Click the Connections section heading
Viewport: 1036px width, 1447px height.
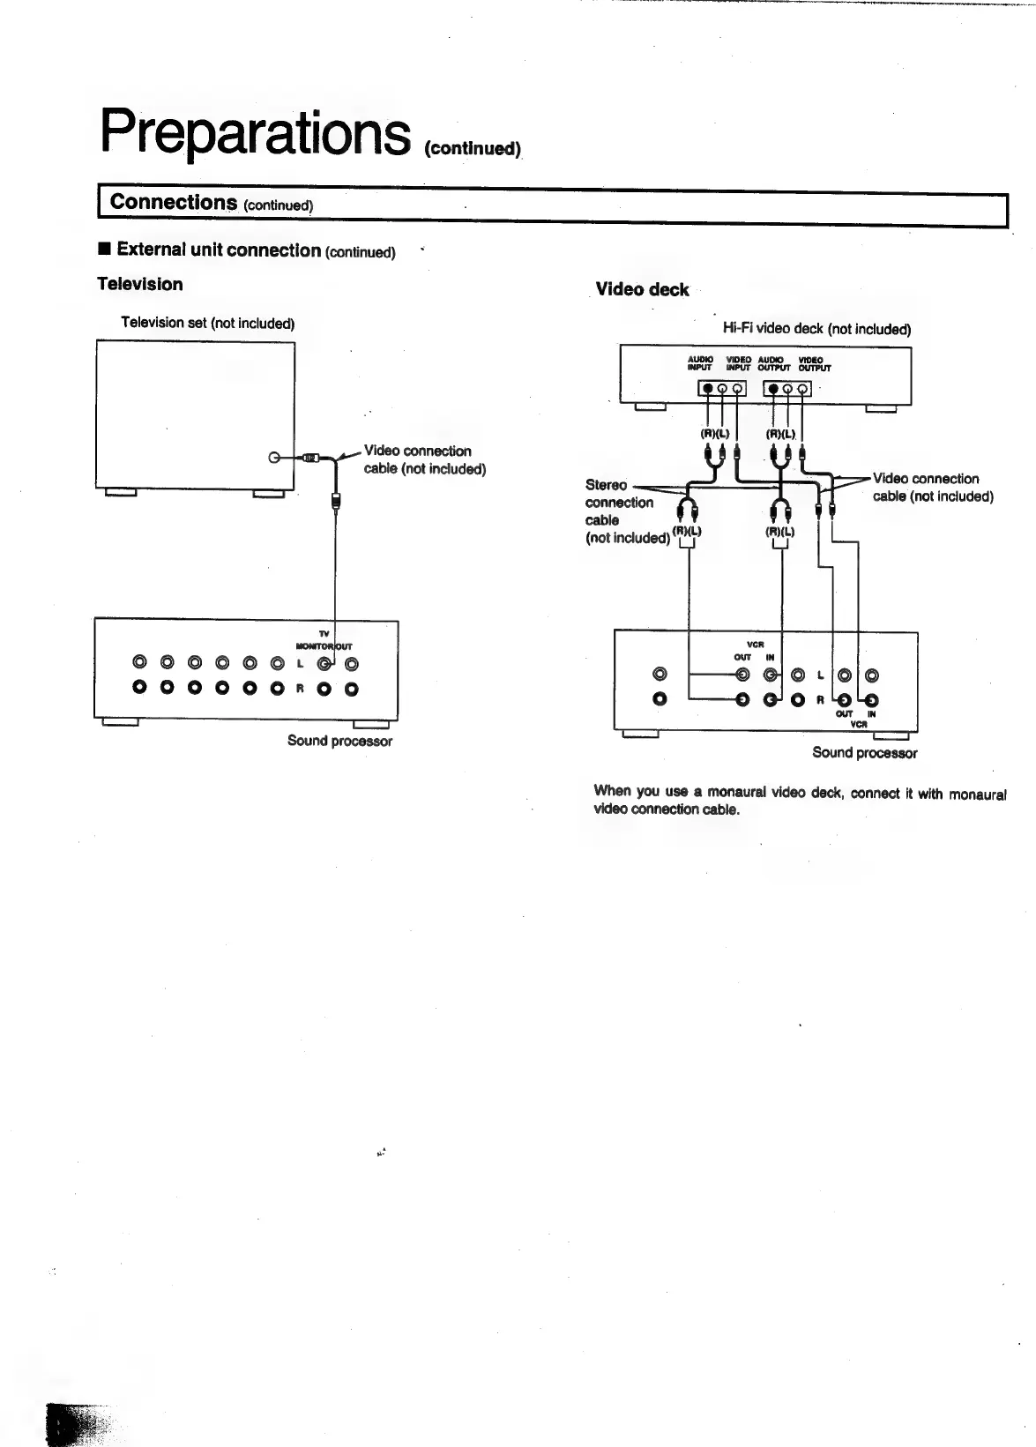point(173,202)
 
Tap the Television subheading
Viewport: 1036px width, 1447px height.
point(140,284)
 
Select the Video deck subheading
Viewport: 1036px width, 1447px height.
point(642,289)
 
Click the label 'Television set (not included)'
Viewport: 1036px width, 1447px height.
point(207,323)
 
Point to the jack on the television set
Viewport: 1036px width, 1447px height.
point(274,458)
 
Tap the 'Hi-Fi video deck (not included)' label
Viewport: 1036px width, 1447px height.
point(816,329)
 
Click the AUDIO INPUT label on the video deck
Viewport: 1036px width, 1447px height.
point(700,363)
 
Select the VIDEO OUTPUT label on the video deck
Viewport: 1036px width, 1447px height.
point(813,363)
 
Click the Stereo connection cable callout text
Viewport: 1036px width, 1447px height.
point(619,511)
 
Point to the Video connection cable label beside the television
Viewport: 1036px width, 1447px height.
point(424,459)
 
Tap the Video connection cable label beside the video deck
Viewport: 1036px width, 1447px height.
point(932,487)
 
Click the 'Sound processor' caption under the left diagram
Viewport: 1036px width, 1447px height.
point(339,741)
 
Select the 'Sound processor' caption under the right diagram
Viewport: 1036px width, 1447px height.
point(864,752)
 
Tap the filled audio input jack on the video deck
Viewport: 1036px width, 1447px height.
point(707,389)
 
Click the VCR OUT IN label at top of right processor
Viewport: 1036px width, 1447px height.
point(755,651)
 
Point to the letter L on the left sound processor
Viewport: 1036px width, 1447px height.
point(300,663)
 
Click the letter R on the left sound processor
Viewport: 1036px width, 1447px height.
point(300,688)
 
